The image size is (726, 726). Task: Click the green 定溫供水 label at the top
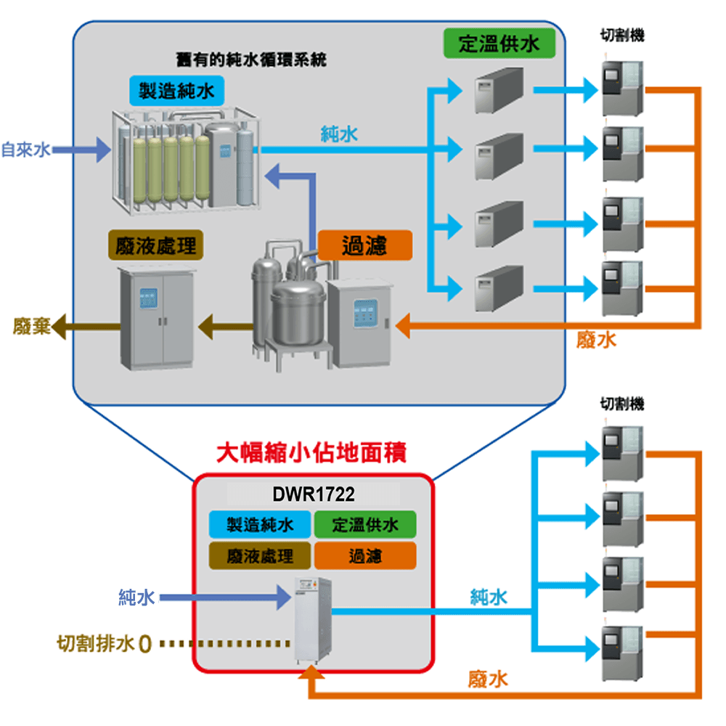499,43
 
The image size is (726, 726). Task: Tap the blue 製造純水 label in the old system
177,91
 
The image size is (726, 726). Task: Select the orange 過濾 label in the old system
365,245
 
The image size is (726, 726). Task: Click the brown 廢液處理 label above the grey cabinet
155,245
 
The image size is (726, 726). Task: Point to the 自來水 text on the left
26,150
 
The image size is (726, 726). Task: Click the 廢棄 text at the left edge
31,326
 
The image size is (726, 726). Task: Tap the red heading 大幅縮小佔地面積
311,452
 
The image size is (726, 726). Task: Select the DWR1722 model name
314,494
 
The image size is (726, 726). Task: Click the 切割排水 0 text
104,643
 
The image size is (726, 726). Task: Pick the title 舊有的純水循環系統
251,60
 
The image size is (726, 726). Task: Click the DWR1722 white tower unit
313,619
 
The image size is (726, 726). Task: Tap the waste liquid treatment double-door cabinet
157,318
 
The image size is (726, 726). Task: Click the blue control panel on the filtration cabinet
365,313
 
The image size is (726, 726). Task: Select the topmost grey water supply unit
499,90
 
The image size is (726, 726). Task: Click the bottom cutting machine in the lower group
623,653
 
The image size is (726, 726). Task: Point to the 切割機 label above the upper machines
622,35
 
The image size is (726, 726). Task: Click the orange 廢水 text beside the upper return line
596,340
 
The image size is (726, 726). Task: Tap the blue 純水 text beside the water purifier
339,134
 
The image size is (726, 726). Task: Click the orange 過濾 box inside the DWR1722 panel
365,555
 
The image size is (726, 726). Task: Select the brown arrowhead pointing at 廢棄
59,327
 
